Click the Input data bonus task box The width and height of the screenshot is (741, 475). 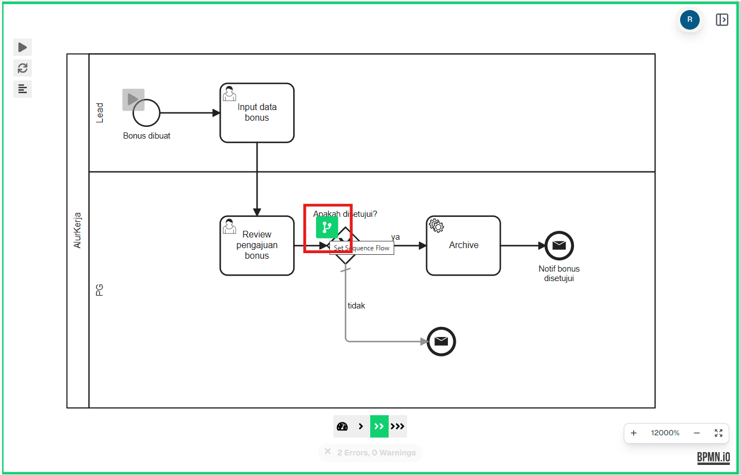click(x=257, y=113)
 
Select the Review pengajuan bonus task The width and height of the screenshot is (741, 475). click(x=257, y=245)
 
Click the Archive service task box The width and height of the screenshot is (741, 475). click(x=463, y=245)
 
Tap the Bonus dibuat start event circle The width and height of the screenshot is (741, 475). click(x=147, y=113)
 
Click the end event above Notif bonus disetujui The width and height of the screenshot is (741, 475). click(x=559, y=245)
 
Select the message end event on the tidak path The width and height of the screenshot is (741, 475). click(x=441, y=341)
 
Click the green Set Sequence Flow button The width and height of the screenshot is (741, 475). click(x=327, y=227)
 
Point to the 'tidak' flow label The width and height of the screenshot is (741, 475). click(x=356, y=306)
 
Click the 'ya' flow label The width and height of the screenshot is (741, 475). click(x=395, y=237)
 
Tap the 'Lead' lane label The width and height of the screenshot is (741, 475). click(x=100, y=112)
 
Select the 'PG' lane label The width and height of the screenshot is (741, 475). click(x=100, y=289)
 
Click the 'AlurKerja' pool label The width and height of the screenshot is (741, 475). click(x=78, y=230)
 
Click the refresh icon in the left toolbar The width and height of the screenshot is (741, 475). click(x=22, y=68)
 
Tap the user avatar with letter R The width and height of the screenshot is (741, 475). click(x=690, y=20)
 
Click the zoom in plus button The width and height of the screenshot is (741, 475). click(x=634, y=433)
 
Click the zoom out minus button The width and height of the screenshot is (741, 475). click(x=697, y=433)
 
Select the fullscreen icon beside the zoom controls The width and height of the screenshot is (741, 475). click(x=719, y=433)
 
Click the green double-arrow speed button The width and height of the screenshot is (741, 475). click(x=379, y=426)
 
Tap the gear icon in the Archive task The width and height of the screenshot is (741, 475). click(x=436, y=226)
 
